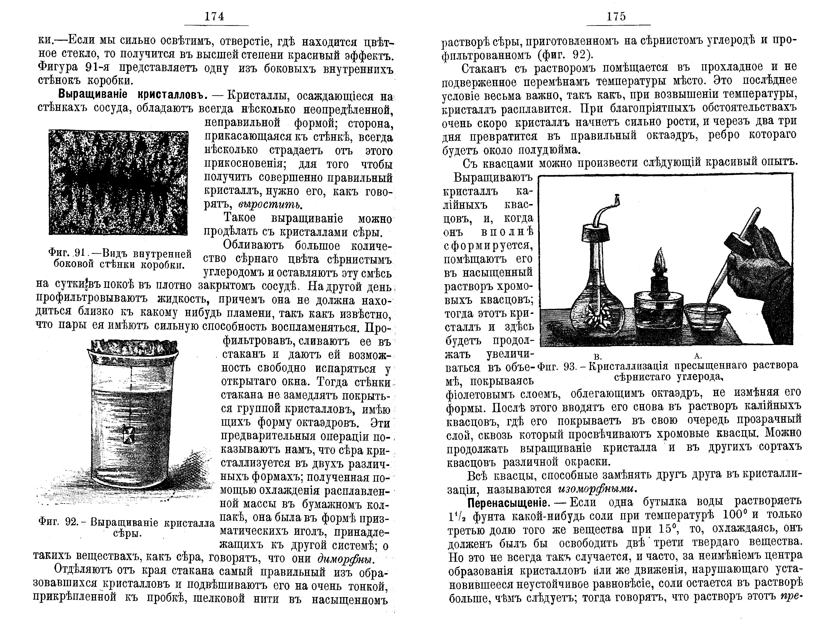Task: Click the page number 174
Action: pyautogui.click(x=215, y=17)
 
